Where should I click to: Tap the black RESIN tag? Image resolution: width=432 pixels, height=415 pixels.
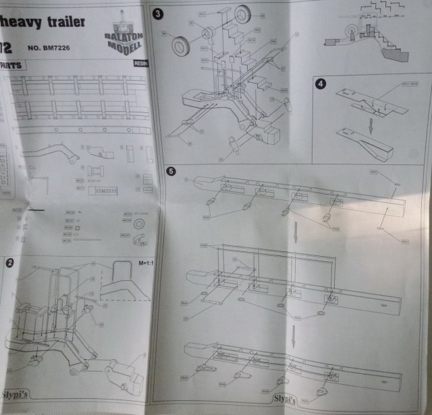pyautogui.click(x=142, y=63)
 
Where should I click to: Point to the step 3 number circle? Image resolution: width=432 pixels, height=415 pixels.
pyautogui.click(x=158, y=13)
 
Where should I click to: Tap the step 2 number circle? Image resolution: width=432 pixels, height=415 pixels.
pyautogui.click(x=9, y=263)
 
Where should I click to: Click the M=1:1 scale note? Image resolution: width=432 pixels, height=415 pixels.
pyautogui.click(x=146, y=263)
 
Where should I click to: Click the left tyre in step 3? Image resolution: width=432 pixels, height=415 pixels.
pyautogui.click(x=182, y=46)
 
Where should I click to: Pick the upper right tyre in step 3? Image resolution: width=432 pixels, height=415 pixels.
pyautogui.click(x=242, y=13)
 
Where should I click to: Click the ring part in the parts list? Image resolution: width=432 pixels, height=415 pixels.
pyautogui.click(x=140, y=224)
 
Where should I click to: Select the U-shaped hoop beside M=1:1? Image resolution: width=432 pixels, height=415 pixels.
pyautogui.click(x=124, y=272)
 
